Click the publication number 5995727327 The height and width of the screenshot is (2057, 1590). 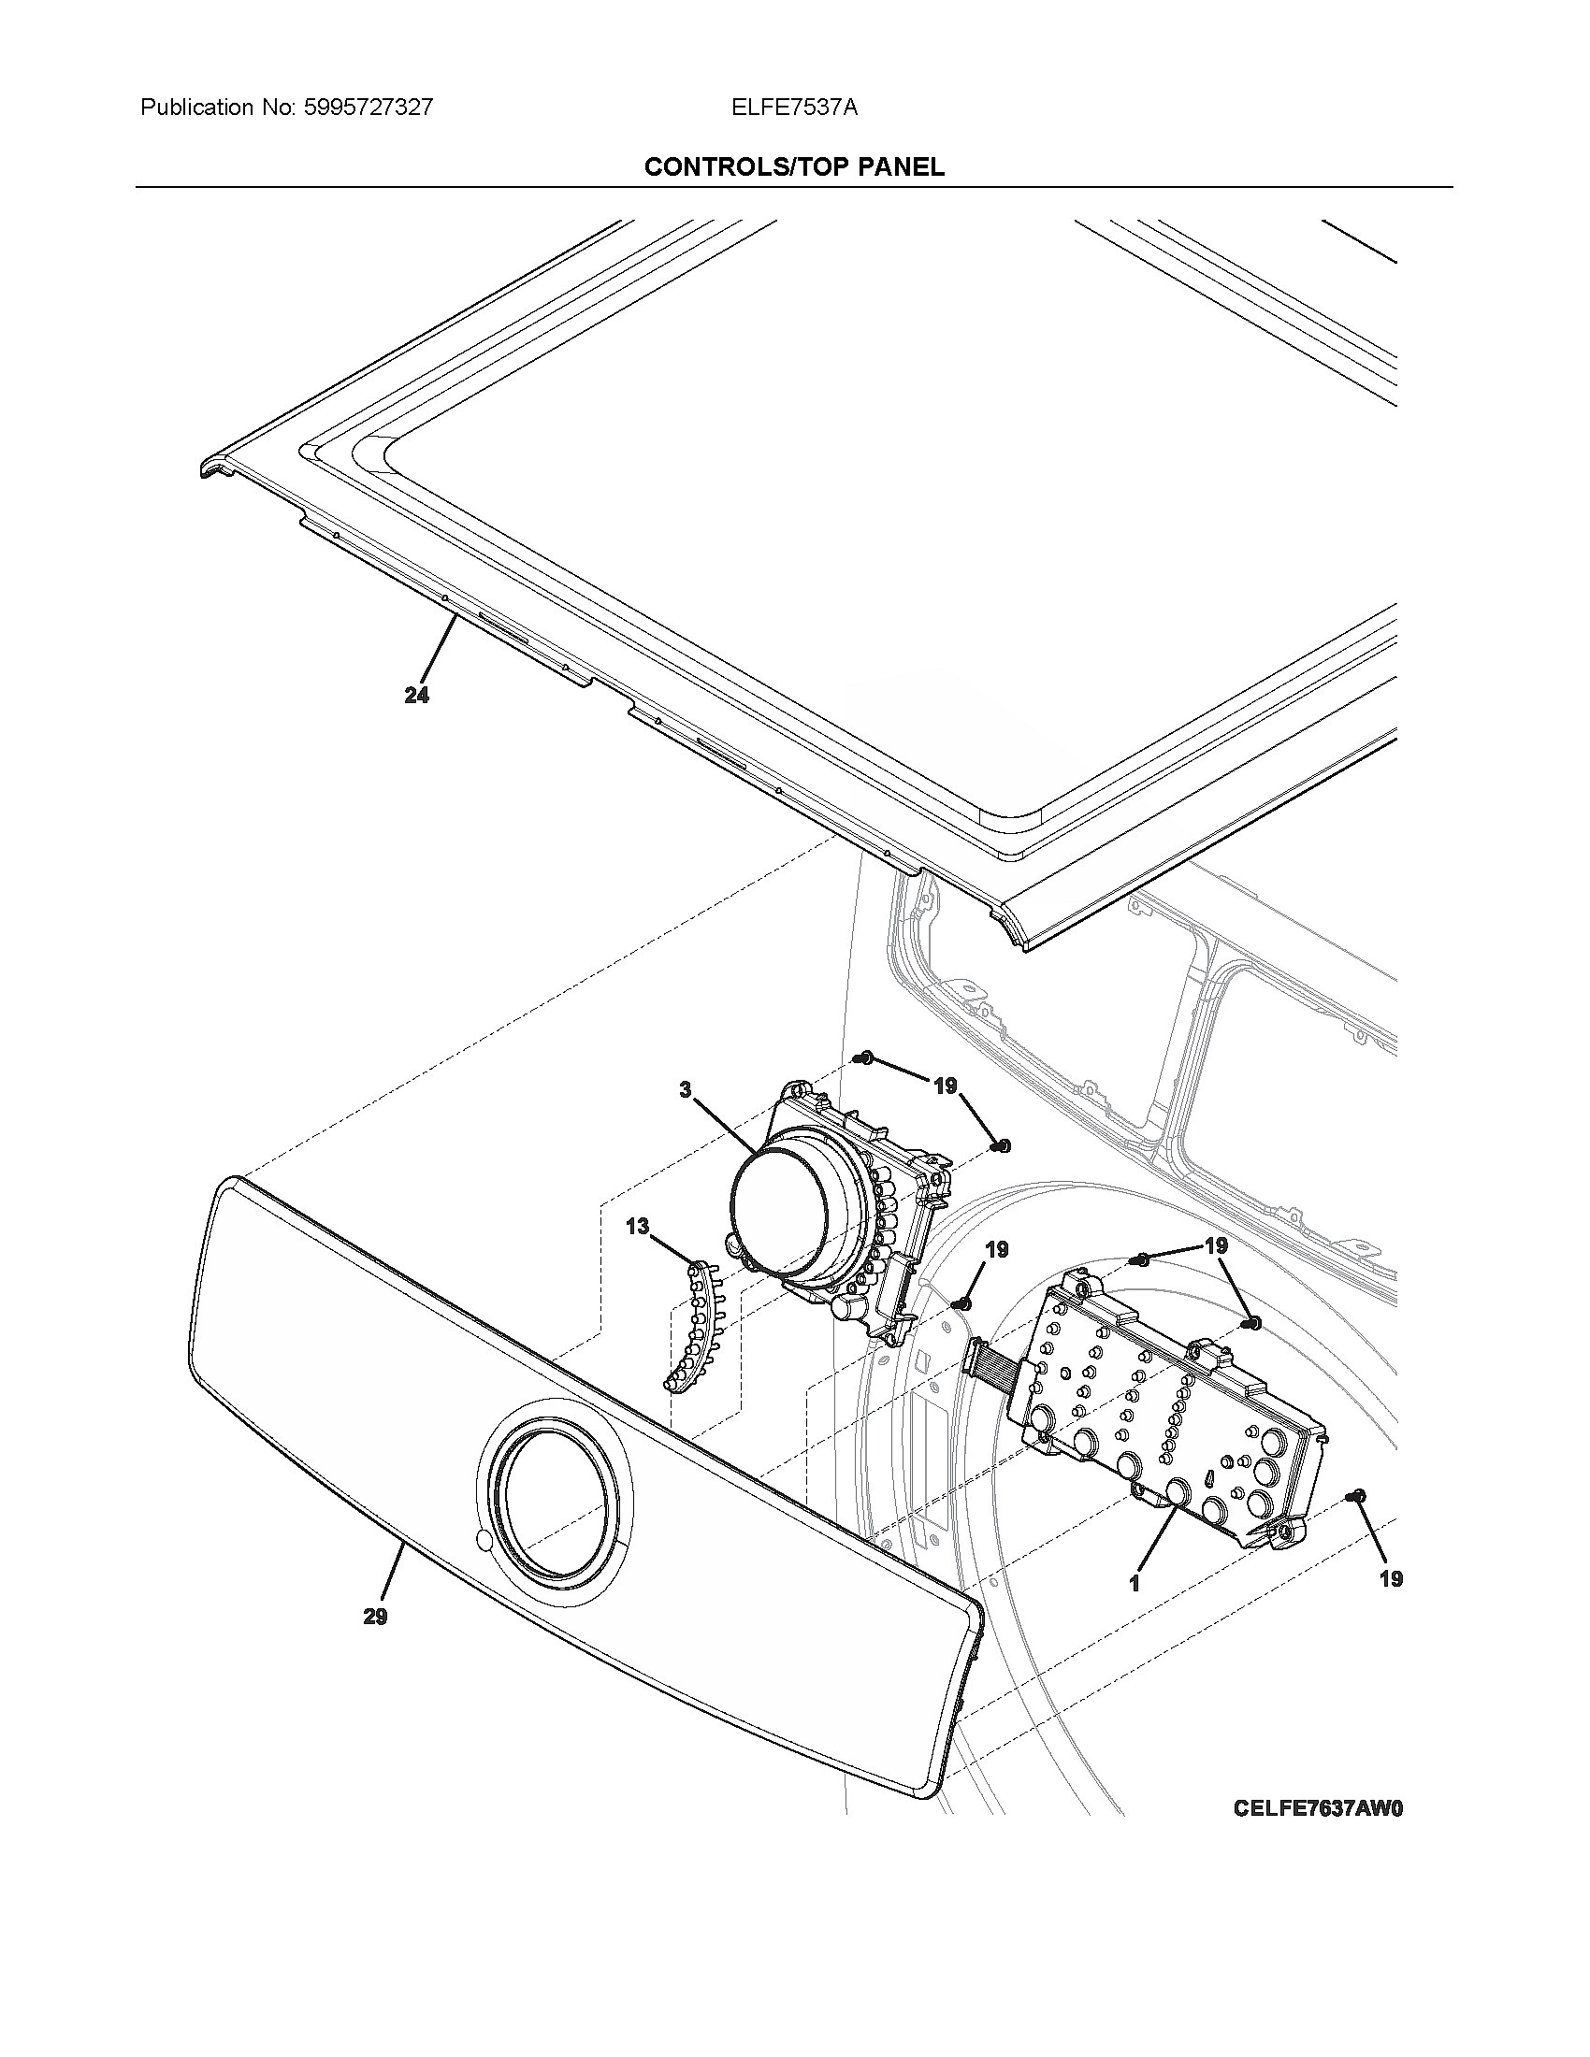369,108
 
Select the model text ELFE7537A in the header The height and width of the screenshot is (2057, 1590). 794,108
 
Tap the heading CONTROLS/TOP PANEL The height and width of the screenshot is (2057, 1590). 794,166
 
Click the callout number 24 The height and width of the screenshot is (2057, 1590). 416,695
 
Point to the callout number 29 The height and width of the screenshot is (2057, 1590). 375,1617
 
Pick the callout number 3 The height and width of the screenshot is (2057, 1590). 686,1089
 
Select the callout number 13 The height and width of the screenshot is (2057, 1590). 638,1227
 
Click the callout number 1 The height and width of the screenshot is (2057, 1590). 1135,1584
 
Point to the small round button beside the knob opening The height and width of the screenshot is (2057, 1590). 484,1539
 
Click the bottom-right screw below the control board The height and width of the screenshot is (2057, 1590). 1357,1496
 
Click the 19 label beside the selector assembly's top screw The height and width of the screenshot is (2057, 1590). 945,1086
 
